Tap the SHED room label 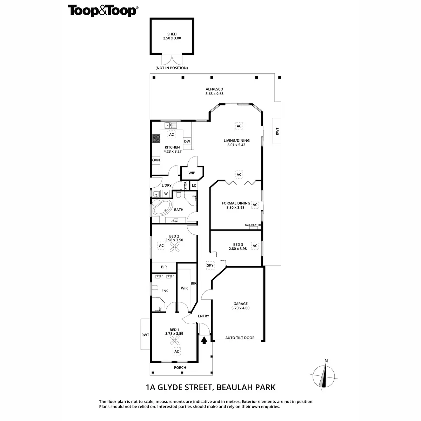coord(172,34)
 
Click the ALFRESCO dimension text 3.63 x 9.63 coord(214,94)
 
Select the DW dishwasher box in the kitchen coord(187,141)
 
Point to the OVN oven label coord(156,160)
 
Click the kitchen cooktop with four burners coord(156,139)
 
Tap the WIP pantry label coord(192,173)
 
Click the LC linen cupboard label coord(194,185)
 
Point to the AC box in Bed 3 coord(255,246)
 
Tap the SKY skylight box coord(210,265)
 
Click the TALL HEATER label coord(253,225)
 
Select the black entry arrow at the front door coord(203,339)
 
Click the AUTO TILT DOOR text coord(240,338)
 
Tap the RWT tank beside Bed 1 coord(145,334)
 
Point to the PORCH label coord(180,367)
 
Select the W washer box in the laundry coord(166,194)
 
